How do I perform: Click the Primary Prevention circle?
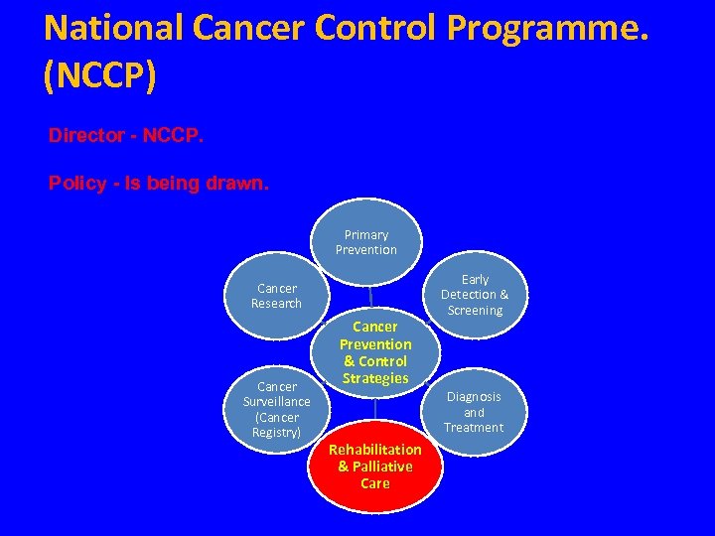click(366, 242)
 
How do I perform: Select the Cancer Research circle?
click(276, 296)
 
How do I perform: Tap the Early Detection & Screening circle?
click(475, 295)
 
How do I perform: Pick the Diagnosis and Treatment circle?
click(474, 411)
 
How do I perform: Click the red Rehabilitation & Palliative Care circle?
click(375, 467)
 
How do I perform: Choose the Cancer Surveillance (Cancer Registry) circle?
click(276, 409)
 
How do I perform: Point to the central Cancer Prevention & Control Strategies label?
click(375, 352)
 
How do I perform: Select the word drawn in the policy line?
click(240, 184)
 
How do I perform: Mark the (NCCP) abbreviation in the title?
click(99, 76)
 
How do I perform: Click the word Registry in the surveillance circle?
click(276, 432)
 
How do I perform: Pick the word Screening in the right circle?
click(475, 310)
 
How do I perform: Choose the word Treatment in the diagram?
click(474, 427)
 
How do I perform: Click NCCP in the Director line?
click(174, 135)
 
